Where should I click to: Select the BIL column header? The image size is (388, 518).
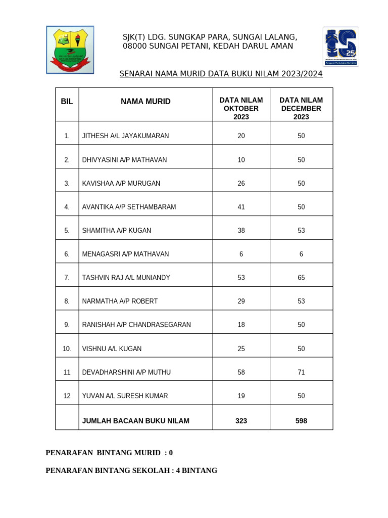pyautogui.click(x=67, y=102)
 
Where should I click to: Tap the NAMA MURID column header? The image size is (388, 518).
pyautogui.click(x=145, y=102)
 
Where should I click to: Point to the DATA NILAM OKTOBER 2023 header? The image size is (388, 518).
pyautogui.click(x=241, y=108)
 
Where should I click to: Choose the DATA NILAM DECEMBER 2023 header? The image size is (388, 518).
pyautogui.click(x=301, y=108)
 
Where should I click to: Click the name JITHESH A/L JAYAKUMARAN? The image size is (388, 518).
pyautogui.click(x=125, y=136)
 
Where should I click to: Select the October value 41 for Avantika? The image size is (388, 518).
pyautogui.click(x=241, y=207)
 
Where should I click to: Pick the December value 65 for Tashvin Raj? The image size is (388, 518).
pyautogui.click(x=301, y=278)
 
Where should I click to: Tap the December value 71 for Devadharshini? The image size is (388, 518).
pyautogui.click(x=301, y=372)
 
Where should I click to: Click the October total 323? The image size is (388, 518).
pyautogui.click(x=241, y=421)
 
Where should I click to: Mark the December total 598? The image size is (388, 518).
pyautogui.click(x=301, y=421)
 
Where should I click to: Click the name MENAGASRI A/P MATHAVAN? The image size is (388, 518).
pyautogui.click(x=125, y=254)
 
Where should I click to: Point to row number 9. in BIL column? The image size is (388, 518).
pyautogui.click(x=67, y=325)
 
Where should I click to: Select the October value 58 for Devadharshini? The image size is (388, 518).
pyautogui.click(x=241, y=372)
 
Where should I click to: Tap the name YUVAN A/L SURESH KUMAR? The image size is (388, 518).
pyautogui.click(x=125, y=396)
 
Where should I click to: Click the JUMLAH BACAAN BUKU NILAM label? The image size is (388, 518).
pyautogui.click(x=135, y=421)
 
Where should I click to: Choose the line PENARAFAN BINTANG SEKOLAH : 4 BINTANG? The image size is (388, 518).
pyautogui.click(x=131, y=470)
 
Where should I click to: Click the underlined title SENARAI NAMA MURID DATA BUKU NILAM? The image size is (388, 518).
pyautogui.click(x=221, y=74)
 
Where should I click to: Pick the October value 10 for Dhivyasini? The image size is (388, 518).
pyautogui.click(x=241, y=160)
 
